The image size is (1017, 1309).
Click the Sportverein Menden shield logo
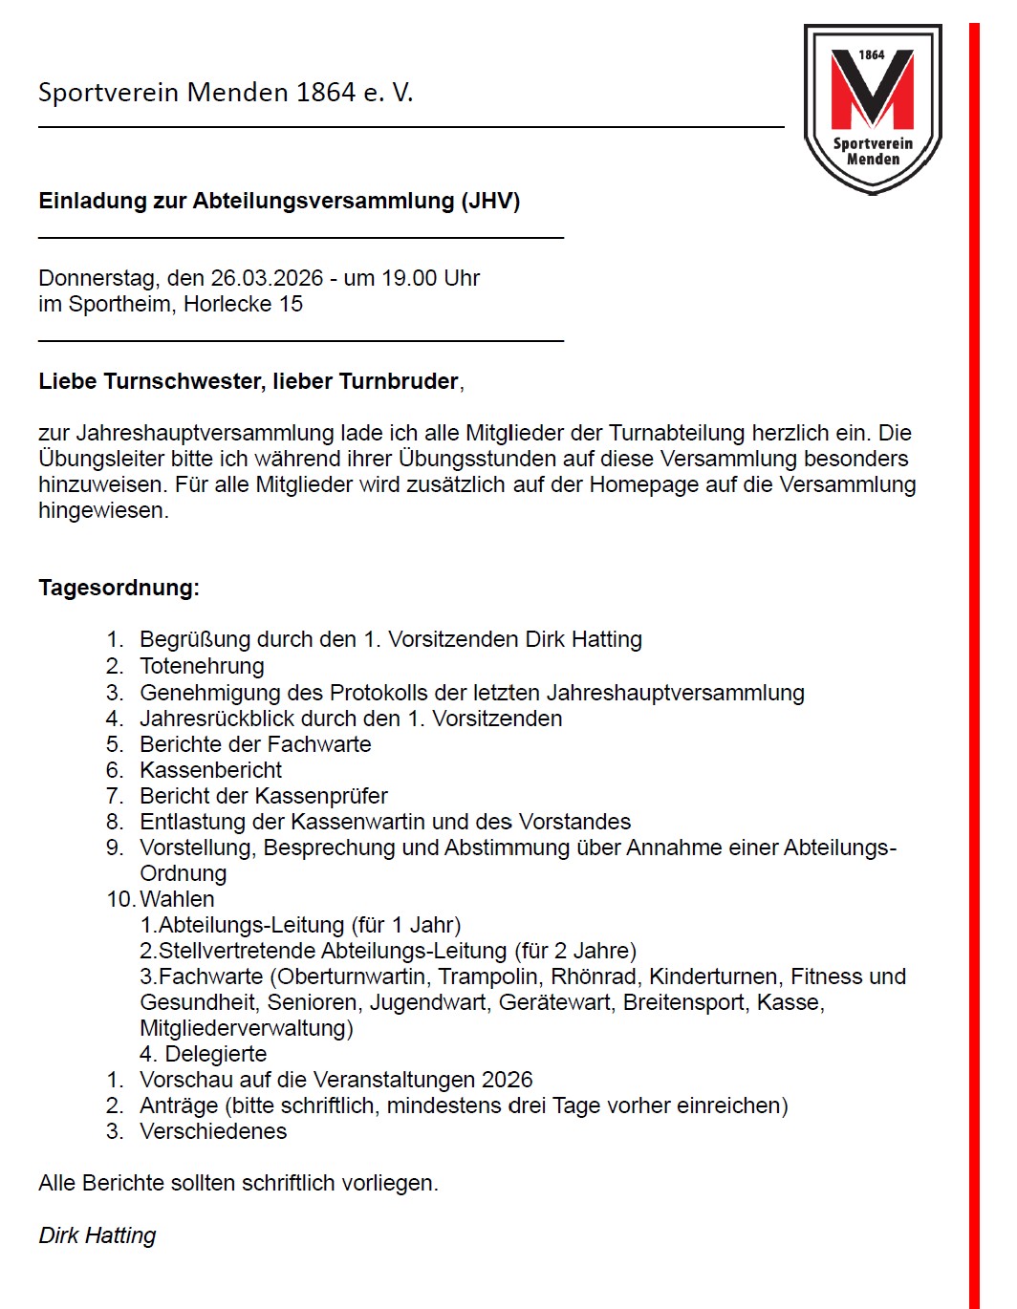(x=873, y=108)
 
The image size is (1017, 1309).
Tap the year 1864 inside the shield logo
(x=872, y=55)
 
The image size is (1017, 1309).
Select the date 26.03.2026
(x=267, y=278)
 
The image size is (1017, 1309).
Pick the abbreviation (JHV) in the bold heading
(x=490, y=201)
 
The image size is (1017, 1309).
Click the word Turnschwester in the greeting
(x=183, y=381)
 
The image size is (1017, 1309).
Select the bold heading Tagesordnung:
(x=119, y=588)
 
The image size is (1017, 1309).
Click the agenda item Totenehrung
(x=202, y=666)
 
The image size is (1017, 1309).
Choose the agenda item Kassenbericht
(x=210, y=770)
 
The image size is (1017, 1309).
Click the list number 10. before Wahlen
(x=120, y=899)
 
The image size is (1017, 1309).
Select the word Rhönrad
(x=595, y=976)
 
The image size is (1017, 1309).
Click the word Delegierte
(x=216, y=1054)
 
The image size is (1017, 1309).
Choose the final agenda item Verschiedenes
(x=213, y=1131)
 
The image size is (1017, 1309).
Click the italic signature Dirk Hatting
(x=97, y=1235)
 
